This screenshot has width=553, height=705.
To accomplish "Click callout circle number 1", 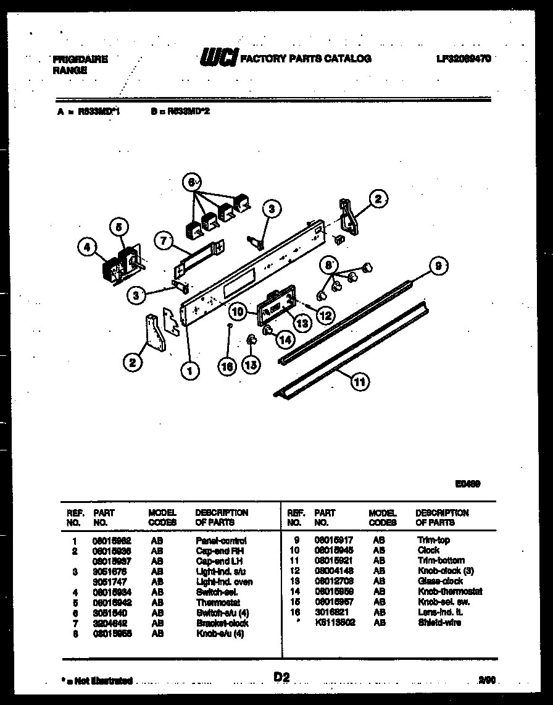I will click(x=189, y=370).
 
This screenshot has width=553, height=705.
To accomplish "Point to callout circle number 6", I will click(x=191, y=182).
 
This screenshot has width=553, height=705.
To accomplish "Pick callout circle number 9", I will click(x=437, y=266).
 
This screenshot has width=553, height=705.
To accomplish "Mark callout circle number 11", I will click(x=359, y=382).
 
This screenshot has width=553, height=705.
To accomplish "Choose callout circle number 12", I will click(x=325, y=315).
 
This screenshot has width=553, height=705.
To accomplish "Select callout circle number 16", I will click(x=228, y=366).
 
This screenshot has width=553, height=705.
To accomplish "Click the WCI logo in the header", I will click(x=218, y=59).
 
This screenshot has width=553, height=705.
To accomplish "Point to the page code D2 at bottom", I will click(x=281, y=678).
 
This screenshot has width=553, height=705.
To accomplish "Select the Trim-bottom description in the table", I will click(x=441, y=560).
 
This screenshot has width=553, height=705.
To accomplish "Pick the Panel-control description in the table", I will click(x=221, y=540).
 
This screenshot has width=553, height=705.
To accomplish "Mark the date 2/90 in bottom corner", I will click(x=486, y=680).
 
